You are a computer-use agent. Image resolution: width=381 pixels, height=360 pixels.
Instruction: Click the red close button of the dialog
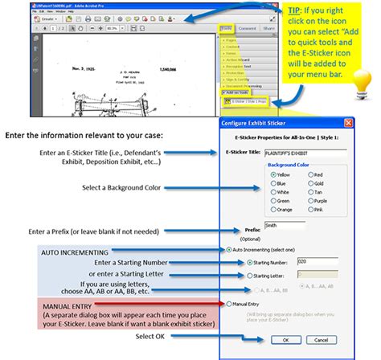(348, 122)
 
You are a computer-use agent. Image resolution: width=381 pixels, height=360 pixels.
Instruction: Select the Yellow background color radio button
(252, 174)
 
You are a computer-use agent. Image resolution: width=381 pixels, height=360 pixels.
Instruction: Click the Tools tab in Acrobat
(227, 29)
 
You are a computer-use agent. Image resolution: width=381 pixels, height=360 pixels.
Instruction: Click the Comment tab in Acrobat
(248, 29)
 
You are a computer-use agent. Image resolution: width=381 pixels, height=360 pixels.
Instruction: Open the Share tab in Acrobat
(268, 29)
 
